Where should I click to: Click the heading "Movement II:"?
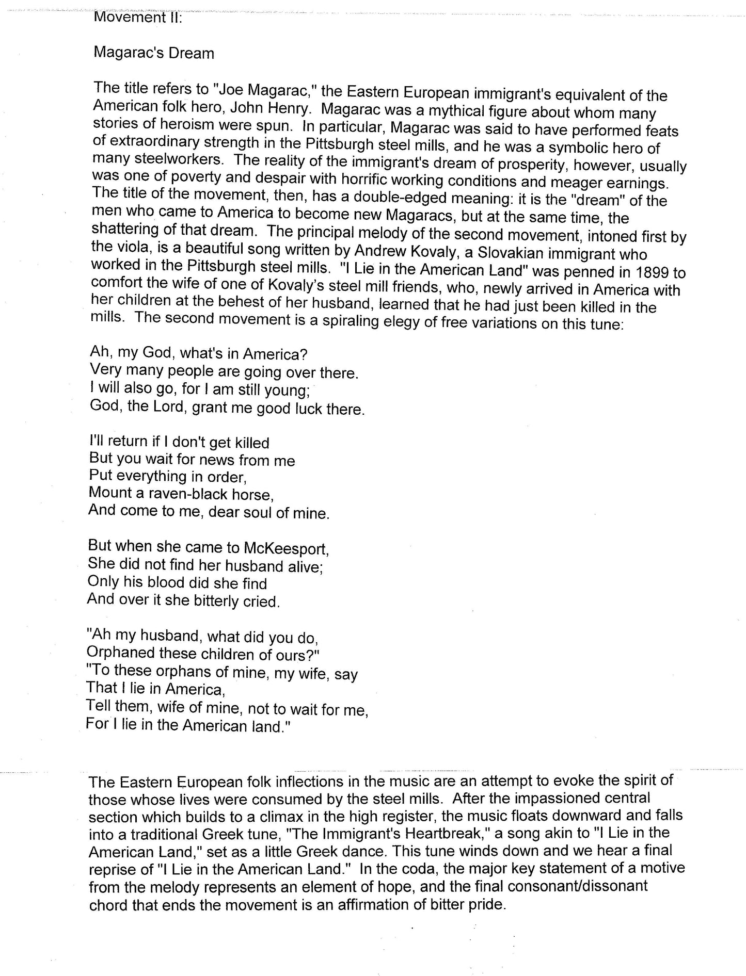click(135, 17)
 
